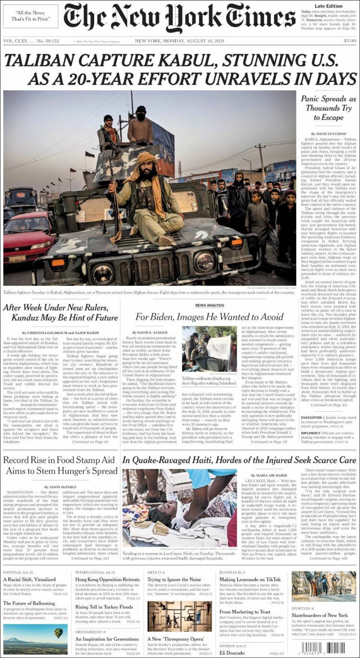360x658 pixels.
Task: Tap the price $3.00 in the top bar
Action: [x=349, y=41]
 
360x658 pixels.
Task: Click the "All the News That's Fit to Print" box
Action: [x=30, y=16]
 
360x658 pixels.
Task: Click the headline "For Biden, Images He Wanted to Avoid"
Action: [x=209, y=317]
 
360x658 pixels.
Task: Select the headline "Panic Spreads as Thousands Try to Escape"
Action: [x=328, y=108]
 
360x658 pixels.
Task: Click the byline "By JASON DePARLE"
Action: [x=60, y=487]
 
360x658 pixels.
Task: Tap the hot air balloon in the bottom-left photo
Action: [x=58, y=634]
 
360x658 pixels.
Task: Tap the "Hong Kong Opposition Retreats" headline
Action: [x=108, y=579]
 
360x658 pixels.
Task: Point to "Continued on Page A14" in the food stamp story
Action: [x=90, y=558]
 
